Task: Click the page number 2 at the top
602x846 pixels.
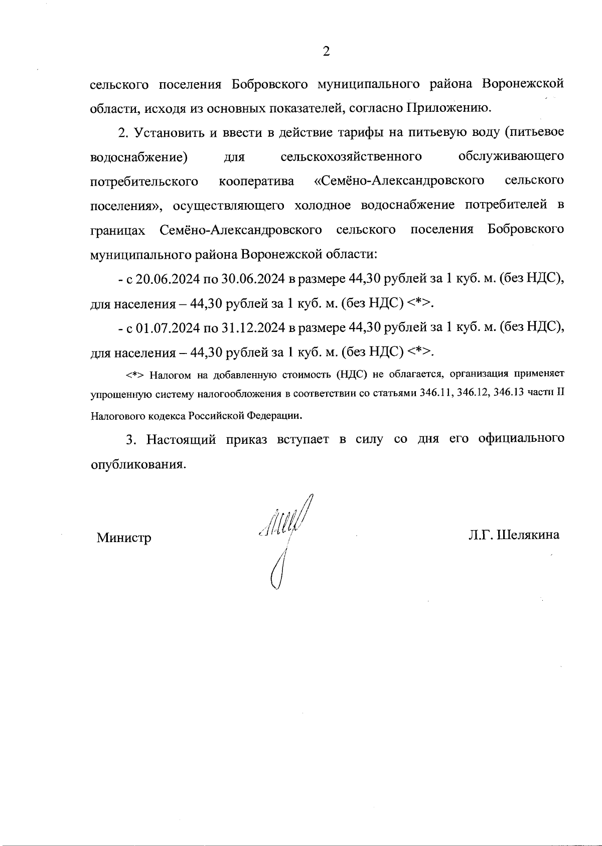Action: pos(326,51)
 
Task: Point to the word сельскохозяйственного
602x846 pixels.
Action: pos(351,157)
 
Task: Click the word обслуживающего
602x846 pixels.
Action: pos(511,157)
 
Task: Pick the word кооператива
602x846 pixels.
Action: pos(256,181)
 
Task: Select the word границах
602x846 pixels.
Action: pos(118,230)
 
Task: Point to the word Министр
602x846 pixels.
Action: pos(124,538)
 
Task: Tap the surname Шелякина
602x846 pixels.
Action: pos(528,535)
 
